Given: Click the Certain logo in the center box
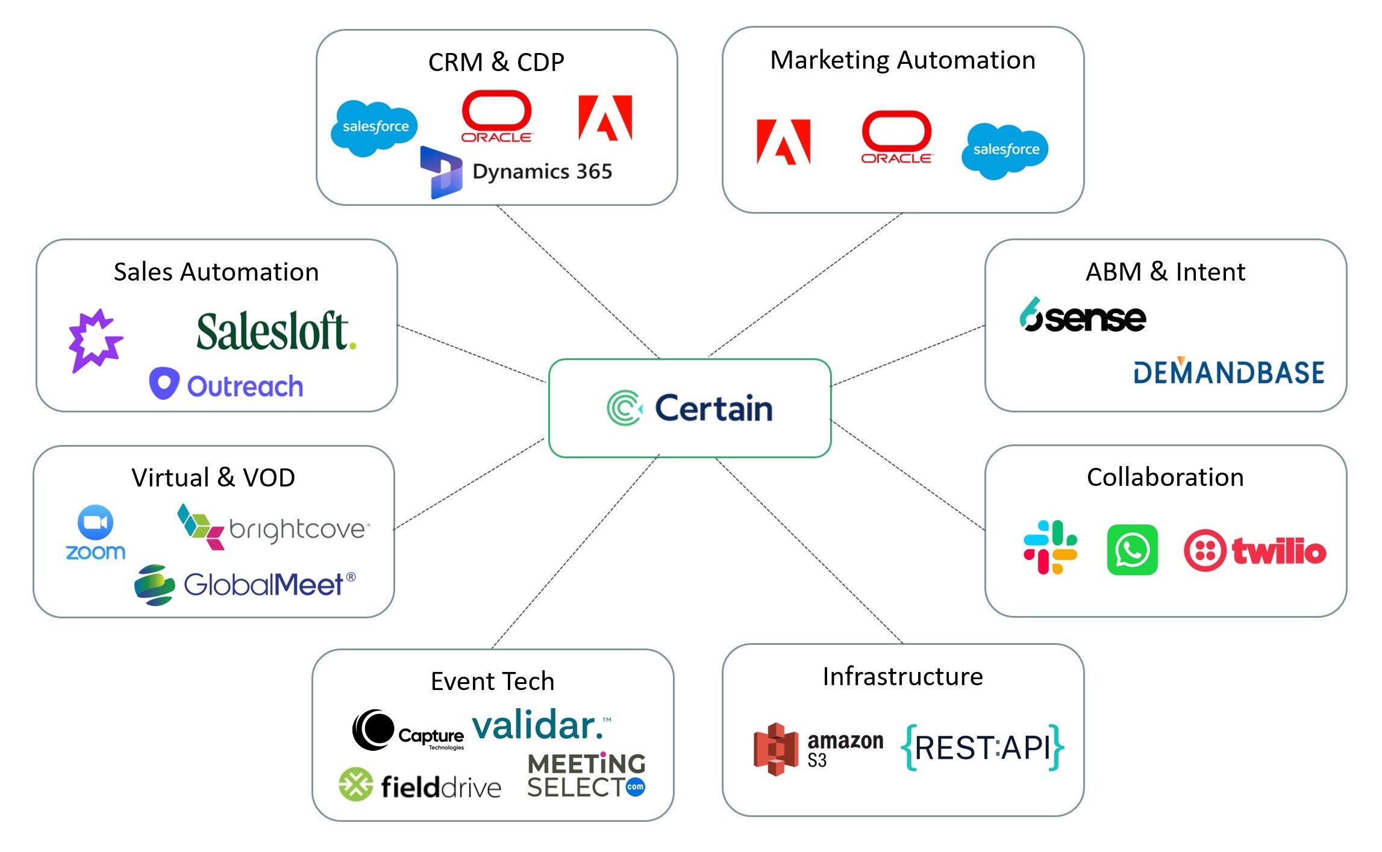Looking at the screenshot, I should click(690, 408).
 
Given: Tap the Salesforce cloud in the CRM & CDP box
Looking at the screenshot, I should click(374, 127).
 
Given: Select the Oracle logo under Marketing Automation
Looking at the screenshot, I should click(896, 137).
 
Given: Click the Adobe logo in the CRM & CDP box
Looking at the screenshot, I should click(605, 117).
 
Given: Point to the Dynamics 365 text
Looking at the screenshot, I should click(542, 172).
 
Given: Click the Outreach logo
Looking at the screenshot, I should click(226, 385).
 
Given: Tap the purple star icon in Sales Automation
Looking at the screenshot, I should click(95, 340).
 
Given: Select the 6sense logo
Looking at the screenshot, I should click(1083, 316).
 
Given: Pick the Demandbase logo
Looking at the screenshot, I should click(1228, 372).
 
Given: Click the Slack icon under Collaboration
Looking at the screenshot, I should click(1050, 547).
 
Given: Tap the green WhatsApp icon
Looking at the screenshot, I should click(1132, 550).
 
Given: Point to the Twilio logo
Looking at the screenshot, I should click(1255, 550).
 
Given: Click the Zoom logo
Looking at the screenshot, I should click(95, 533).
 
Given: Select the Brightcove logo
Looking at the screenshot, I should click(274, 527).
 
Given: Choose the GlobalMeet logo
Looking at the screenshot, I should click(245, 584).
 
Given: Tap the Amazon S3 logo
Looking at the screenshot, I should click(818, 749).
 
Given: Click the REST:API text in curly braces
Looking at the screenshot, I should click(983, 748).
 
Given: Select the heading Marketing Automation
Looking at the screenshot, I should click(902, 60).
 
